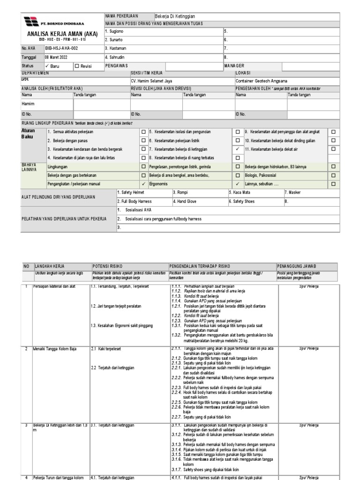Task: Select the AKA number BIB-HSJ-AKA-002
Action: (x=61, y=48)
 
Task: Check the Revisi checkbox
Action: (x=77, y=66)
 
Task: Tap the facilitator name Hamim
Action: (x=29, y=104)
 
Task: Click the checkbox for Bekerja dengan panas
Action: (x=143, y=141)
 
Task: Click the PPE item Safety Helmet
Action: (x=131, y=192)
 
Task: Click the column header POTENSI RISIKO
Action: (x=107, y=266)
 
